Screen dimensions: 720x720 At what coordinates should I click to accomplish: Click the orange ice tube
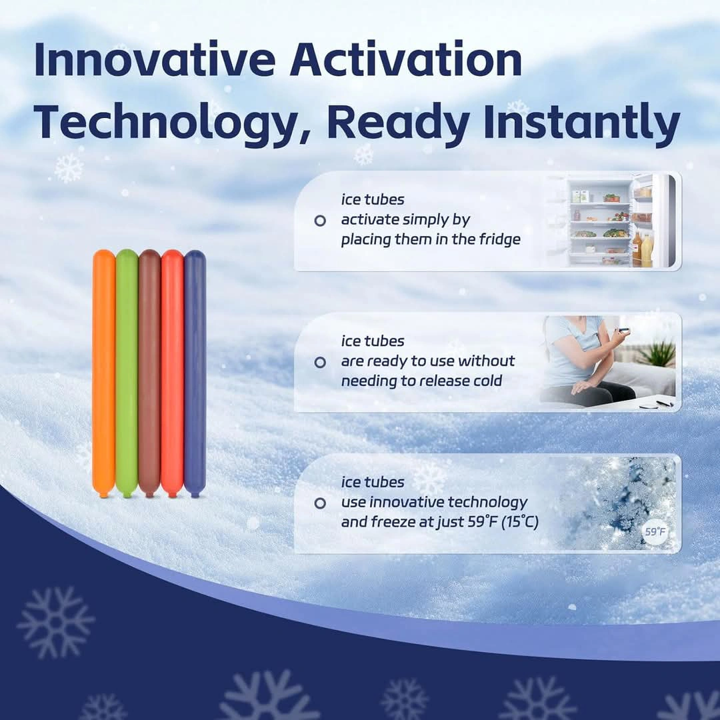(x=104, y=373)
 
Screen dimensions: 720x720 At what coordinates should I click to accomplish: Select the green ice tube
(x=127, y=373)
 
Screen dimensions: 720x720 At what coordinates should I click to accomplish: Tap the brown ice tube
(x=149, y=373)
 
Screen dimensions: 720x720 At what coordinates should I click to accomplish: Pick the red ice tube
(x=172, y=373)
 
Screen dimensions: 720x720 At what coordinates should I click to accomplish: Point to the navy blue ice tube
(x=195, y=373)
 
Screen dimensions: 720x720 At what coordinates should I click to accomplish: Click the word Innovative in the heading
(x=155, y=60)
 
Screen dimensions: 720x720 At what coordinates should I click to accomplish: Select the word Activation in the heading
(x=406, y=60)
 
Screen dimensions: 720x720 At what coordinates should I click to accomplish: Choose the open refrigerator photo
(x=613, y=221)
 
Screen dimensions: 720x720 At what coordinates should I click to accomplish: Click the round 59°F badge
(x=655, y=532)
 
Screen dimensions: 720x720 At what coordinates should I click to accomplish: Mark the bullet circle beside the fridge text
(x=320, y=221)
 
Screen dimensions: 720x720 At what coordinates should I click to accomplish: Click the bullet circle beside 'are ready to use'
(x=320, y=362)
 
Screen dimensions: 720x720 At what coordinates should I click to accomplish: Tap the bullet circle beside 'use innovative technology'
(x=320, y=503)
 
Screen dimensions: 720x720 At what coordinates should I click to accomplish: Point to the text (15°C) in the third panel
(x=519, y=522)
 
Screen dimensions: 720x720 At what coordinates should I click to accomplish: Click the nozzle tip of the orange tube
(x=104, y=495)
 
